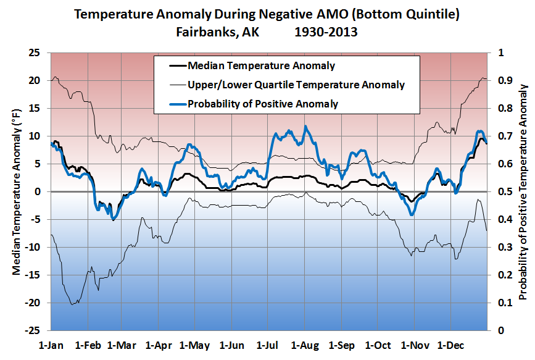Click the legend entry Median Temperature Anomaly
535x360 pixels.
coord(261,66)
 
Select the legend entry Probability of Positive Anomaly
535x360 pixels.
coord(263,103)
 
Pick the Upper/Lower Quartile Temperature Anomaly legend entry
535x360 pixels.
coord(296,85)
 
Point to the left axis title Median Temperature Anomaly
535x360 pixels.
coord(16,191)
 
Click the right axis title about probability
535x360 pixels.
coord(523,191)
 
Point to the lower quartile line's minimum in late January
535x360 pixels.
coord(73,304)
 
